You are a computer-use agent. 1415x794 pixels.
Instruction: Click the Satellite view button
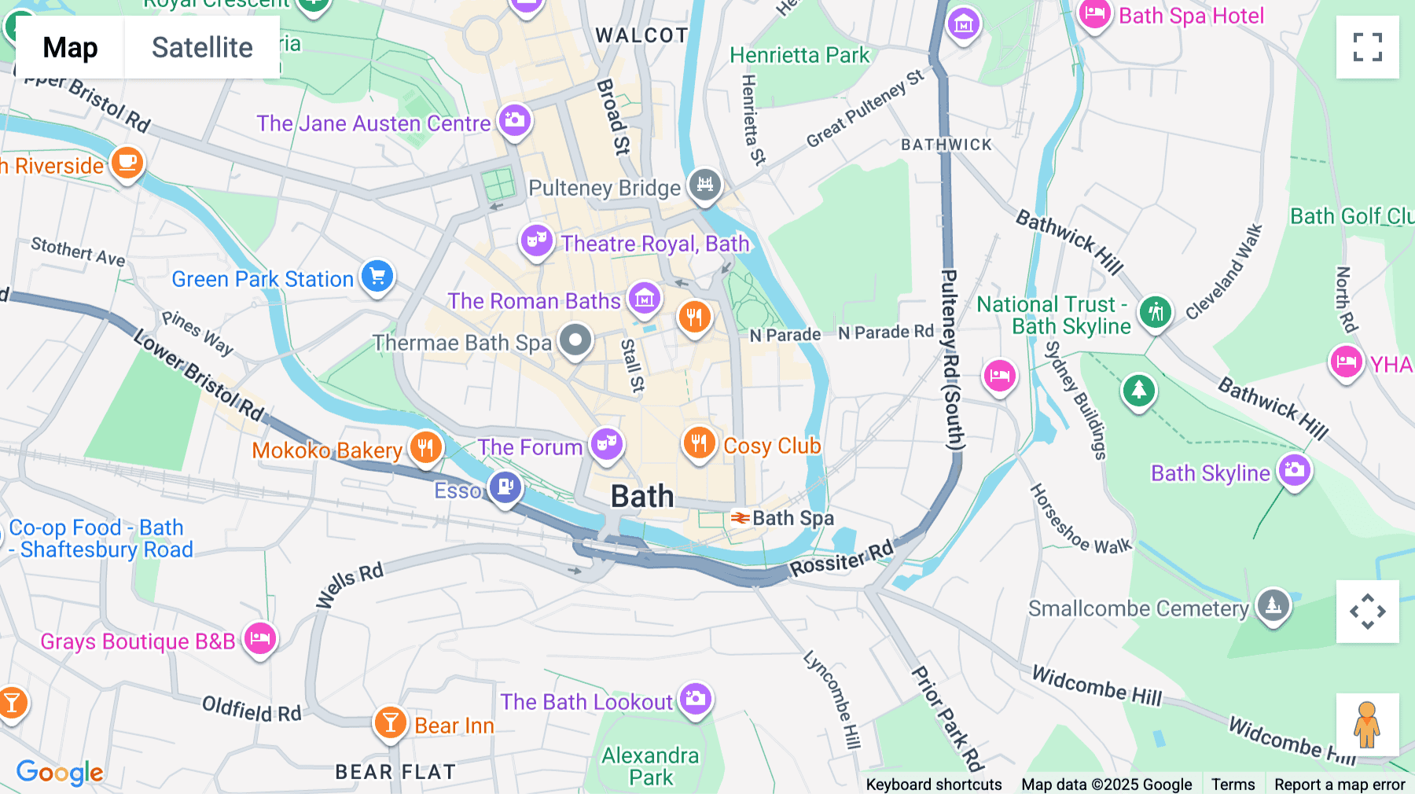202,48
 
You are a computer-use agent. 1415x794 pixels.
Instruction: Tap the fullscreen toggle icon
1367,47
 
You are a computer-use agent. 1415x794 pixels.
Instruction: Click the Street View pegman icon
1367,725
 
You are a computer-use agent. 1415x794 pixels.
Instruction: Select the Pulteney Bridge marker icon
705,185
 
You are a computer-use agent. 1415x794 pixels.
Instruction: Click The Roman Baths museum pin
645,299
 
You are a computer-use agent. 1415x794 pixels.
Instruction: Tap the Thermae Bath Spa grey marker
575,340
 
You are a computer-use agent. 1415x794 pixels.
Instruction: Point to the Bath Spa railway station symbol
740,518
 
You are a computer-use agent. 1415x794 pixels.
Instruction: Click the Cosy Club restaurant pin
698,443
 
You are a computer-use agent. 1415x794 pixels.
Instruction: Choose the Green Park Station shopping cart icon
377,276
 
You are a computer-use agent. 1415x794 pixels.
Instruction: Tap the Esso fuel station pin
505,487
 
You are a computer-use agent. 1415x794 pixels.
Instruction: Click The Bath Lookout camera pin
695,698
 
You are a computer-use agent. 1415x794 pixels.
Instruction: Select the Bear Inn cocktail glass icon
390,722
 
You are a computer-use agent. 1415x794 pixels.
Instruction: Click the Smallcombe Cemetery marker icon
1273,605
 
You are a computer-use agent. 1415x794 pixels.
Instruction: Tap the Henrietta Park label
799,55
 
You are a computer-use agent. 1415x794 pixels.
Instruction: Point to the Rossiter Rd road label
841,559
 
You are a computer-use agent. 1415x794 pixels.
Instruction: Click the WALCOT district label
641,35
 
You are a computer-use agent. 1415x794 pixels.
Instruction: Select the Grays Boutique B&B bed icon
260,638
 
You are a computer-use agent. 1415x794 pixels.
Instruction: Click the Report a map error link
1340,784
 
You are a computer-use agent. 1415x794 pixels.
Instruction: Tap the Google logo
60,772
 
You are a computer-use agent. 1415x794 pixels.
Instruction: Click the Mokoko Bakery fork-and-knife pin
425,447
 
